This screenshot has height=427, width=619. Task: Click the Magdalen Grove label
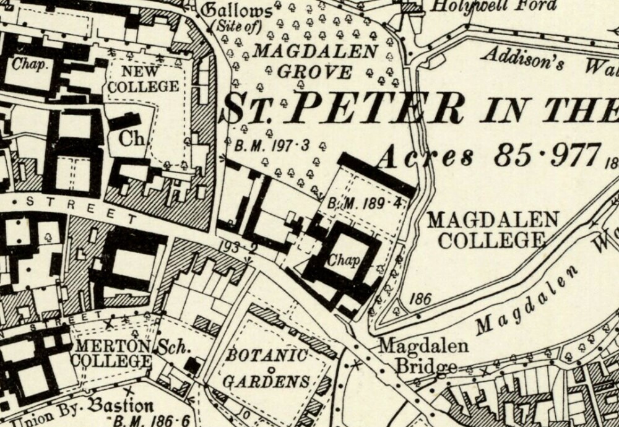click(x=314, y=61)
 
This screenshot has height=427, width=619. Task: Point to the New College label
click(x=143, y=79)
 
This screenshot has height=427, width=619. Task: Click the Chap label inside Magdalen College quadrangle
click(x=342, y=261)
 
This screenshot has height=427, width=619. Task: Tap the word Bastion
click(x=121, y=407)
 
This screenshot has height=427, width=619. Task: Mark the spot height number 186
click(x=420, y=299)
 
